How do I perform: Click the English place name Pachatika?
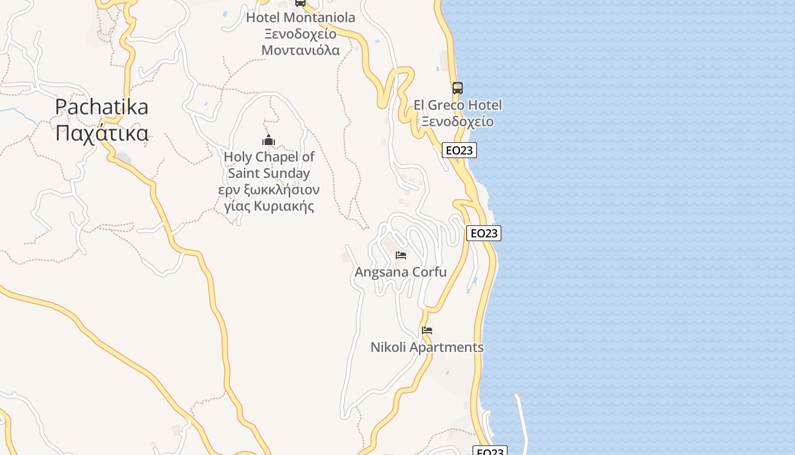pos(102,107)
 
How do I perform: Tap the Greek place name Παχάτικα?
pos(102,133)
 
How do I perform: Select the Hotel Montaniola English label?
pos(300,18)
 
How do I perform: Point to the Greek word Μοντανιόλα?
pos(300,50)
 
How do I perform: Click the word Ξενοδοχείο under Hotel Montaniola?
pos(300,34)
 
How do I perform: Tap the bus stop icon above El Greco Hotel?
pos(458,88)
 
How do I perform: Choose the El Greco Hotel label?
pos(458,105)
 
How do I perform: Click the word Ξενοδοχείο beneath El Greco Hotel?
pos(458,122)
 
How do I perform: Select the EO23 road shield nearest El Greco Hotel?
pos(459,150)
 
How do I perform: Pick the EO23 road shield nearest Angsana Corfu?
pos(484,233)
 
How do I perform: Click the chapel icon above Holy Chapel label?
pos(269,140)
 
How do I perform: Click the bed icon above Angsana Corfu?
pos(401,255)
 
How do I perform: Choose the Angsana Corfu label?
pos(401,272)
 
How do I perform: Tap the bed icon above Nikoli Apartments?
pos(427,330)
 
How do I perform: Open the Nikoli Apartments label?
pos(427,347)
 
